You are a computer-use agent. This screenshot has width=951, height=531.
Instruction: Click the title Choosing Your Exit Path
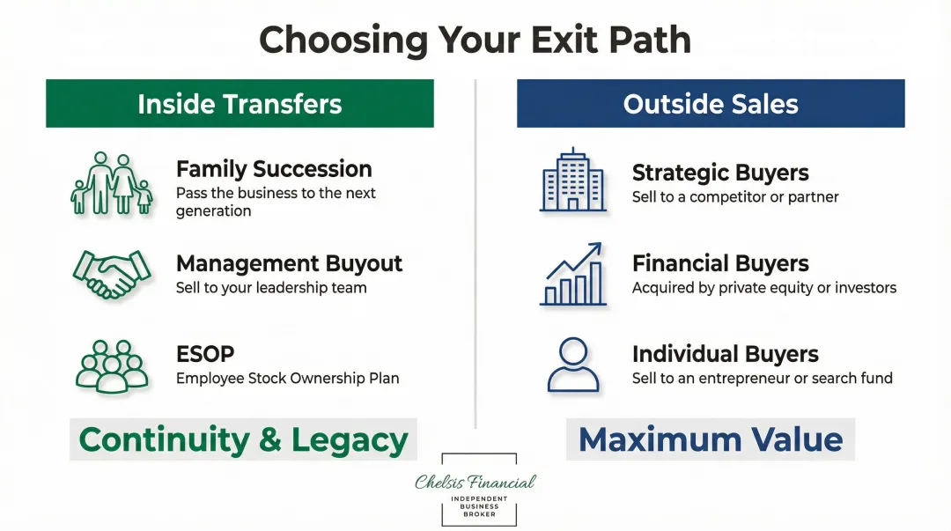tap(475, 41)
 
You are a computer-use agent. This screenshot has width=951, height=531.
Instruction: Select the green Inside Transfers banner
tap(240, 104)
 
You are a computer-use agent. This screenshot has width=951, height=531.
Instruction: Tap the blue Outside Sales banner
tap(710, 104)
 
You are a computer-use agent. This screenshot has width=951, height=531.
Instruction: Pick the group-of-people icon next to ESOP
tap(111, 365)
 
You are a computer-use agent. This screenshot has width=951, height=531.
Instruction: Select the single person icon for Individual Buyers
tap(572, 365)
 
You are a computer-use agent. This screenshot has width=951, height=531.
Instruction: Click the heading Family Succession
tap(274, 169)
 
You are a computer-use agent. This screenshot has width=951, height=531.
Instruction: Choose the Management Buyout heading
tap(289, 263)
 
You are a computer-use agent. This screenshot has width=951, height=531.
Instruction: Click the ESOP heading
tap(205, 354)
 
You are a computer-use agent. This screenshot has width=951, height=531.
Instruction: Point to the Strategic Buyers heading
tap(719, 173)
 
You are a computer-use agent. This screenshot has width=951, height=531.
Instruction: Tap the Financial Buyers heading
tap(719, 263)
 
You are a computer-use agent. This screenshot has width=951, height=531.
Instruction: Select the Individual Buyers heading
tap(725, 354)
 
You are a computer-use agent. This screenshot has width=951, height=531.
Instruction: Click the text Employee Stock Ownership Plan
tap(287, 379)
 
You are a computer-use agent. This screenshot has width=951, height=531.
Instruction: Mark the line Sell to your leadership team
tap(271, 288)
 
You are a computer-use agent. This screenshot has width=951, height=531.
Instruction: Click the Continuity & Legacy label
tap(243, 439)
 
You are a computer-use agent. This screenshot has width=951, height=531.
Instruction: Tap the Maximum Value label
tap(710, 439)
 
